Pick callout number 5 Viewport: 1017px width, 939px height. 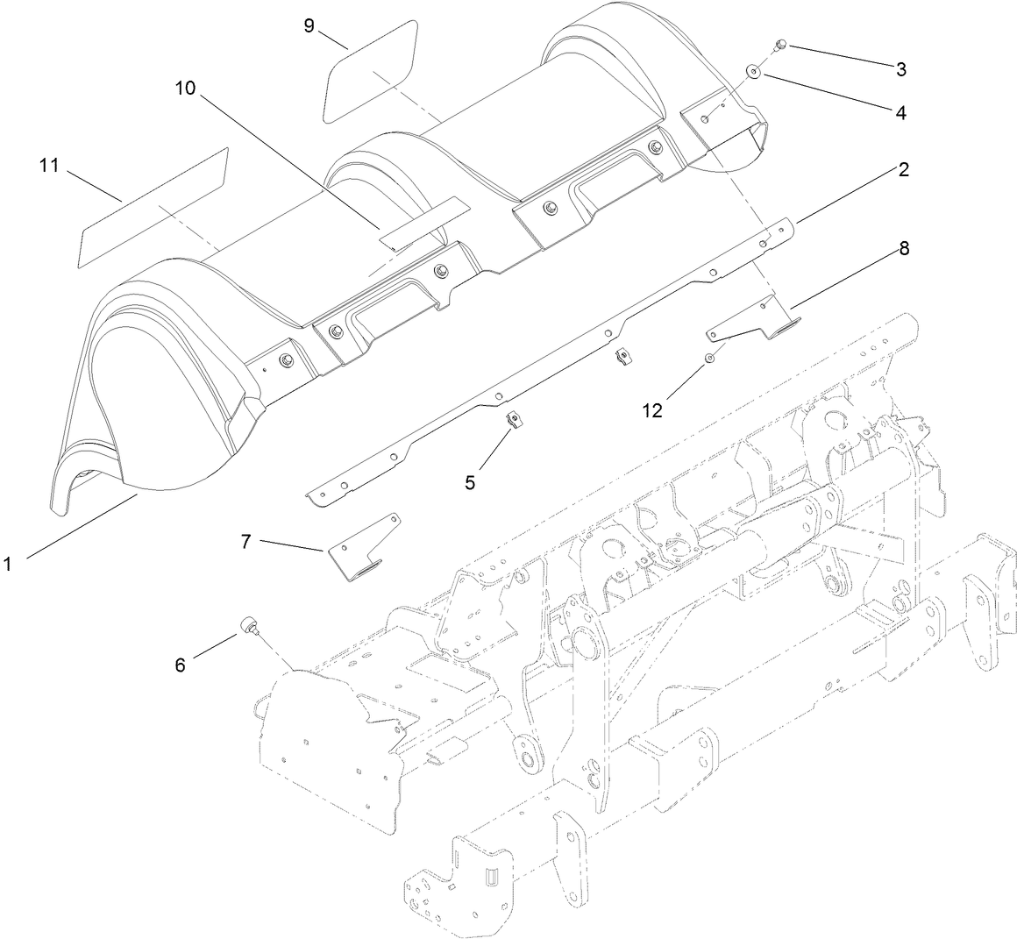[x=471, y=481]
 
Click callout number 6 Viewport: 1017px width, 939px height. [x=180, y=665]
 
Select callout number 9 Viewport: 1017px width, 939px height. [x=309, y=25]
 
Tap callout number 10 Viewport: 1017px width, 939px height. [x=186, y=89]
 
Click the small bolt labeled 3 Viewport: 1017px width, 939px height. [x=781, y=46]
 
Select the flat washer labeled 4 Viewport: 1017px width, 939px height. [x=753, y=71]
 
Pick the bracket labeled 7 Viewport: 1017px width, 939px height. [x=364, y=548]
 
